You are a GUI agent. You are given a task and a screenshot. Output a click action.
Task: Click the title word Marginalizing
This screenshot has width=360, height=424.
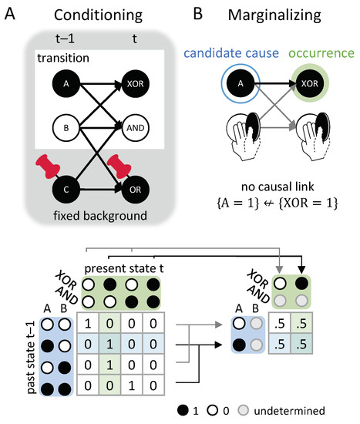tap(267, 15)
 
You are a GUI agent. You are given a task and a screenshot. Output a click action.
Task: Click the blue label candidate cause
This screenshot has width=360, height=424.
tap(232, 53)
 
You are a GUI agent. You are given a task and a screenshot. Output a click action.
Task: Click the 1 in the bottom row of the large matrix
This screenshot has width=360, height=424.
tap(133, 383)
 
